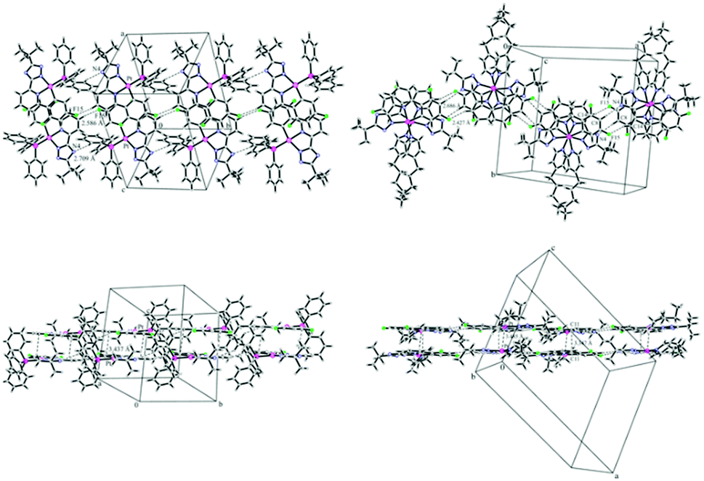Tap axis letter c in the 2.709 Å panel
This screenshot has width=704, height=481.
(x=123, y=190)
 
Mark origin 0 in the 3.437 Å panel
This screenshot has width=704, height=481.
(x=136, y=404)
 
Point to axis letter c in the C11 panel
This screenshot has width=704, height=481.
(x=554, y=248)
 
